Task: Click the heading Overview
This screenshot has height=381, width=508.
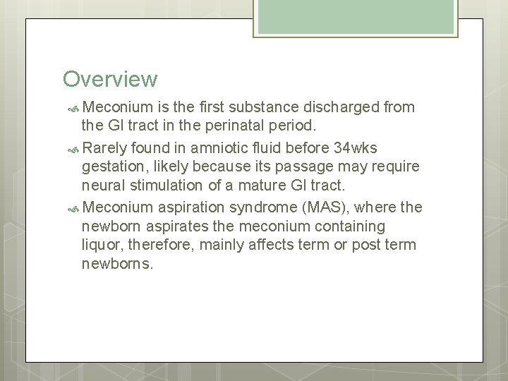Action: coord(109,78)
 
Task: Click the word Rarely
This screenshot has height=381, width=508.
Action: coord(107,148)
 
